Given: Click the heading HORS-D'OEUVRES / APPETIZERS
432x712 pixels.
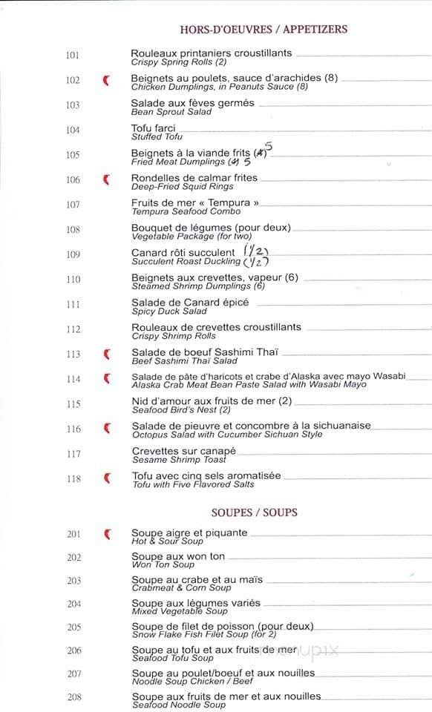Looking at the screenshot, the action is [x=264, y=30].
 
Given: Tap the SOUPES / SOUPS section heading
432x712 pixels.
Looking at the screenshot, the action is [x=254, y=512].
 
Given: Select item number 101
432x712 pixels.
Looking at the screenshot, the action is [x=73, y=56].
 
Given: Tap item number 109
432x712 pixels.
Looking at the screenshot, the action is [x=73, y=254].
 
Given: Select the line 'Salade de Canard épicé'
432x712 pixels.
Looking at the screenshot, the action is [x=190, y=303].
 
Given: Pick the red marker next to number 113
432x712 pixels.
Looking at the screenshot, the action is [x=107, y=354].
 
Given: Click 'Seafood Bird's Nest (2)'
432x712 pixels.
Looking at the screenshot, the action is [x=181, y=410].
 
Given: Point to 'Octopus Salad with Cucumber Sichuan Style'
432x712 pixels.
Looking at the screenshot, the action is [x=227, y=435].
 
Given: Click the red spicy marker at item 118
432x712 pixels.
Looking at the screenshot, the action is [x=107, y=478].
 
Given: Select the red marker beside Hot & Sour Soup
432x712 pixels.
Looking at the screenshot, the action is [x=107, y=533].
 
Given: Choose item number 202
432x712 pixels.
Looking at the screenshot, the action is [x=73, y=558].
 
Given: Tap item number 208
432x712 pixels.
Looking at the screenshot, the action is [x=73, y=697].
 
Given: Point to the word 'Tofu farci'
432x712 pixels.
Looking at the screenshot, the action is [x=154, y=128].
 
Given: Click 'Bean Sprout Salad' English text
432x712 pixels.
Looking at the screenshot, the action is [x=171, y=112].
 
